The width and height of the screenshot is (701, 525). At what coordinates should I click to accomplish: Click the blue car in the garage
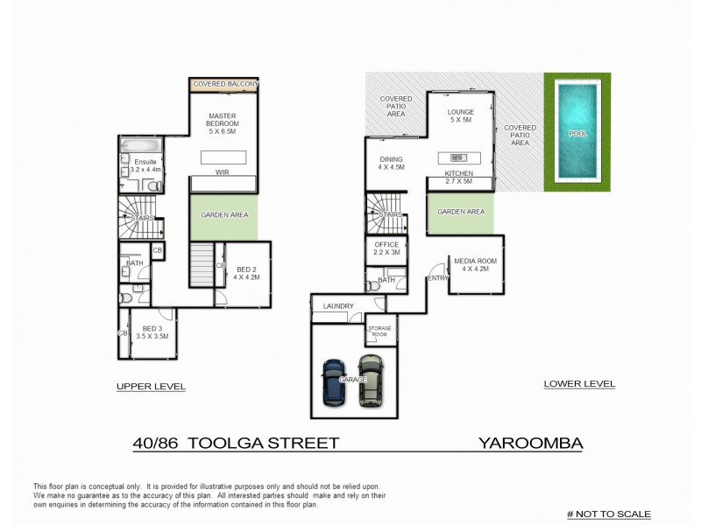click(334, 381)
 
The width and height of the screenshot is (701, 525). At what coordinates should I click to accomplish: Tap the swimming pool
click(577, 133)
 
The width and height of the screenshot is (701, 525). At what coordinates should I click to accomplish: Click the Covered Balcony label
click(225, 83)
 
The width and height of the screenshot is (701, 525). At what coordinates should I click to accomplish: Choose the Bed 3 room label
click(152, 332)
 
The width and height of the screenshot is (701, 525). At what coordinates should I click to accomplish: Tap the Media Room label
click(476, 265)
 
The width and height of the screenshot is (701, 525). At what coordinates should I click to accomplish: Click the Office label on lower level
click(386, 249)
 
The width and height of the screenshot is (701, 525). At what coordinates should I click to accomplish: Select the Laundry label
click(337, 305)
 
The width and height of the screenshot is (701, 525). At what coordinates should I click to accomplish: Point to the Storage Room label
click(379, 331)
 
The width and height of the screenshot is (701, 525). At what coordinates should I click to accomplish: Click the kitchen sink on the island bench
click(457, 157)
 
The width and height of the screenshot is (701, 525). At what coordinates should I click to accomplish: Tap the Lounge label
click(460, 117)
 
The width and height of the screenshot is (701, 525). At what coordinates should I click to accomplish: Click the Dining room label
click(391, 163)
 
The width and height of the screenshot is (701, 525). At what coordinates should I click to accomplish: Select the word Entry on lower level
click(436, 277)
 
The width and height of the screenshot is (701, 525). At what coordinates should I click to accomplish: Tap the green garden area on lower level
click(460, 213)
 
